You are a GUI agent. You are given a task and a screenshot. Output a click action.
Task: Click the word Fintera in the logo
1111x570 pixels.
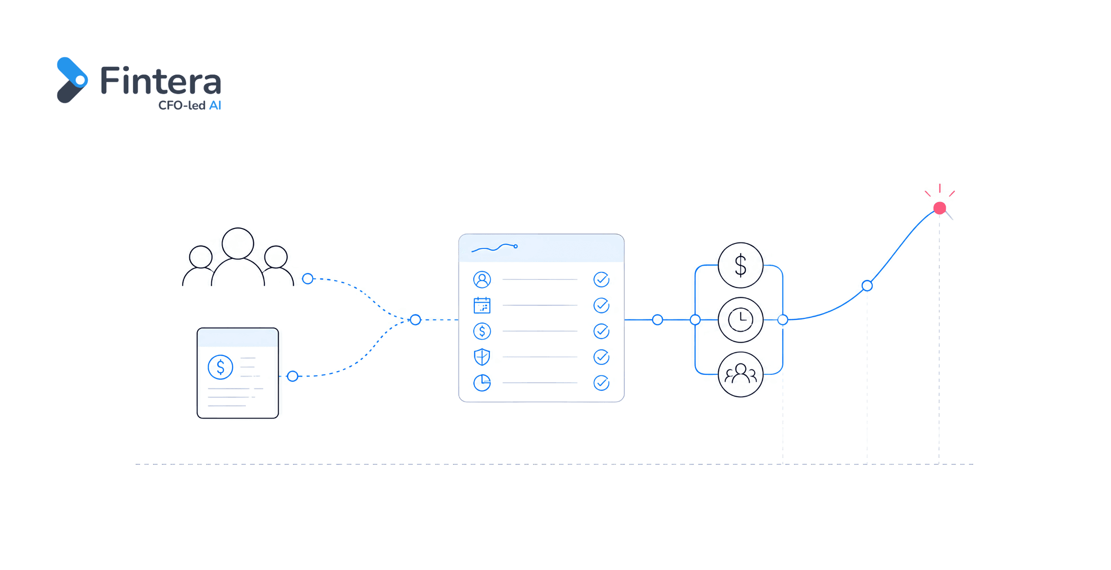click(x=161, y=81)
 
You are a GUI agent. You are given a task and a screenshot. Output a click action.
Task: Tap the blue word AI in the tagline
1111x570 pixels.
click(x=215, y=106)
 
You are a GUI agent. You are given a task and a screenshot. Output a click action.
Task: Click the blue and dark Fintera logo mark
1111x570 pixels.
click(x=72, y=80)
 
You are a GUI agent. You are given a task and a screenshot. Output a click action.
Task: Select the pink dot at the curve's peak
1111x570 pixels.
click(x=939, y=208)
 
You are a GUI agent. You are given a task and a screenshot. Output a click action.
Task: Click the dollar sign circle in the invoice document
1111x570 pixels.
click(x=220, y=367)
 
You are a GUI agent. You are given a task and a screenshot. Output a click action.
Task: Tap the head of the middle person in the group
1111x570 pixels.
click(x=238, y=243)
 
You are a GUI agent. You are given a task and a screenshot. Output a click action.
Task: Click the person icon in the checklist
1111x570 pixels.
click(x=482, y=279)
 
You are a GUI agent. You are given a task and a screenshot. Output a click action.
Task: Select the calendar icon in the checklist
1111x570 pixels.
click(x=482, y=305)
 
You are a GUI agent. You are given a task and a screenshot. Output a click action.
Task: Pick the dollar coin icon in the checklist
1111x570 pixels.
click(x=482, y=331)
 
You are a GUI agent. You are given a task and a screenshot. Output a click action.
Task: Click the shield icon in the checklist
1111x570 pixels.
click(x=482, y=357)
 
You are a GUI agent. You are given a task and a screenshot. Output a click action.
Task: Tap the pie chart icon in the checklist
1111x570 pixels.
click(x=482, y=383)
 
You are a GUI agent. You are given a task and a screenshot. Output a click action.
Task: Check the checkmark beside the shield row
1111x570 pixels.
click(x=601, y=357)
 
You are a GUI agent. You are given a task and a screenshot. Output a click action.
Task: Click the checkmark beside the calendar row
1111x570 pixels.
click(x=601, y=305)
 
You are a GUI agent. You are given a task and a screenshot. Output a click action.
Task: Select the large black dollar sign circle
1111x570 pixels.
click(x=741, y=265)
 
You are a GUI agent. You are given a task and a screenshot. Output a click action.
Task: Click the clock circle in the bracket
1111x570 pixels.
click(x=741, y=320)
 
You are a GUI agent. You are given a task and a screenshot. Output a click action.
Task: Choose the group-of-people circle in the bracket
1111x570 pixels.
click(x=741, y=374)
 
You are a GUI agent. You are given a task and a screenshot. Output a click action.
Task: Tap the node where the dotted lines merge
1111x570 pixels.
click(x=415, y=320)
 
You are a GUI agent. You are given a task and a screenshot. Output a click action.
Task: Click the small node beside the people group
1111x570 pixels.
click(x=308, y=278)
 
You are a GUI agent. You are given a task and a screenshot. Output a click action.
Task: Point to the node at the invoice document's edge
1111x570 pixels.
click(x=293, y=376)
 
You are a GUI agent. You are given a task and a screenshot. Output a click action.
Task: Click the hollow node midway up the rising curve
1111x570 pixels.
click(x=867, y=286)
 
